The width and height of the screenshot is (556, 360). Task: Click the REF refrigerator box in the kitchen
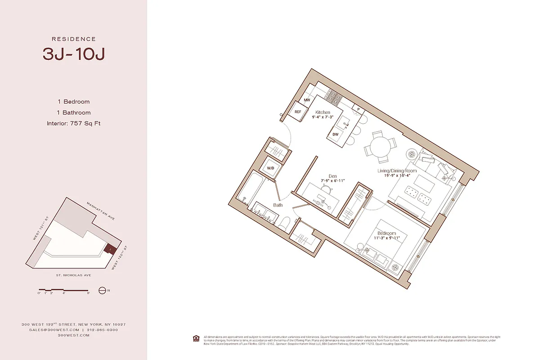298,112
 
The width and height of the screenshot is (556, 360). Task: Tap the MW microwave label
307,100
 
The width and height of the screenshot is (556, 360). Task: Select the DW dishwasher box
336,134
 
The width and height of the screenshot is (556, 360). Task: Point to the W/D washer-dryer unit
270,168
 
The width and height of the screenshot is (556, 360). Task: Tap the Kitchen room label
323,112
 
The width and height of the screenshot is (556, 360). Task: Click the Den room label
332,176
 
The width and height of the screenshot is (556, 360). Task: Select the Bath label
278,205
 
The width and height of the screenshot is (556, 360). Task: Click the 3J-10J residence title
74,54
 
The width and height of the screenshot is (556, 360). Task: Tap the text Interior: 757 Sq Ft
74,123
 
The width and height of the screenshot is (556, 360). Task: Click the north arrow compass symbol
102,290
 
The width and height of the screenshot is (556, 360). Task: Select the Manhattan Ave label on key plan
101,211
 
